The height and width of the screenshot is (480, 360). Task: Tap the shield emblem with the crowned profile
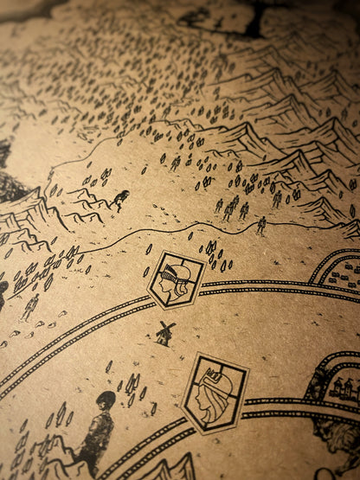click(x=215, y=394)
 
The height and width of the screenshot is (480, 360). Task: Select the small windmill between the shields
click(x=164, y=333)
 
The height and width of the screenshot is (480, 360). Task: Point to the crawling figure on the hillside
click(x=119, y=201)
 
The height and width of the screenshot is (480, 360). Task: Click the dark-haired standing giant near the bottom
click(x=96, y=432)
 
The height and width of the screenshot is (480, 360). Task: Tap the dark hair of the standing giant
click(x=106, y=400)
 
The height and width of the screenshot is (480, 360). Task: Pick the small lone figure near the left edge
click(x=32, y=305)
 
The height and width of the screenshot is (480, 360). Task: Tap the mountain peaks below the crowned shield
click(x=173, y=467)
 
